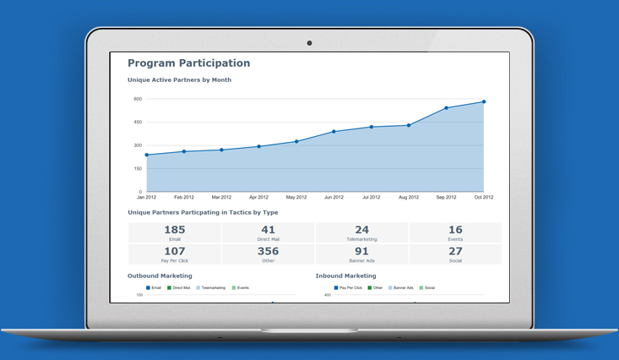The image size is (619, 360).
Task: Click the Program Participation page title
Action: click(188, 63)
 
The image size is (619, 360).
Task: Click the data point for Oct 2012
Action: click(484, 102)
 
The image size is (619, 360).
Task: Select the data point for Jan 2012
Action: click(147, 155)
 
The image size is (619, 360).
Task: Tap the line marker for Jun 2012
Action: click(334, 132)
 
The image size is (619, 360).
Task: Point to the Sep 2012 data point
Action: click(447, 108)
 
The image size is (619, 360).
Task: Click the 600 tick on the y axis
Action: click(138, 99)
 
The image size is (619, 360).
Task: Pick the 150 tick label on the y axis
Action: click(138, 168)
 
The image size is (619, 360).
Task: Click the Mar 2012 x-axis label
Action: click(221, 198)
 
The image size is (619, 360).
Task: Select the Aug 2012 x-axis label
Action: click(409, 198)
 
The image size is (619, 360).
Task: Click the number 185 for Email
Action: click(175, 230)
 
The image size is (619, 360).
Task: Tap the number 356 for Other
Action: click(268, 251)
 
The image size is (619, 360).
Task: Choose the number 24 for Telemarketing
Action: click(361, 230)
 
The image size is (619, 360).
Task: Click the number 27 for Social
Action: click(455, 251)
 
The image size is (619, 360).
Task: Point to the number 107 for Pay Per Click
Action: click(175, 251)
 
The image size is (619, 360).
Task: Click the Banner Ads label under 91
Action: click(361, 261)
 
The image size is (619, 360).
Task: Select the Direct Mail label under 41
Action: click(268, 239)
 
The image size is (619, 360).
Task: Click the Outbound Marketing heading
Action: click(160, 275)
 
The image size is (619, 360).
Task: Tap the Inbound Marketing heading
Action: click(345, 275)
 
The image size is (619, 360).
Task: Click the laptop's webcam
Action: click(309, 43)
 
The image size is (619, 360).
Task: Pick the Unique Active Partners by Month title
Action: click(179, 80)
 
